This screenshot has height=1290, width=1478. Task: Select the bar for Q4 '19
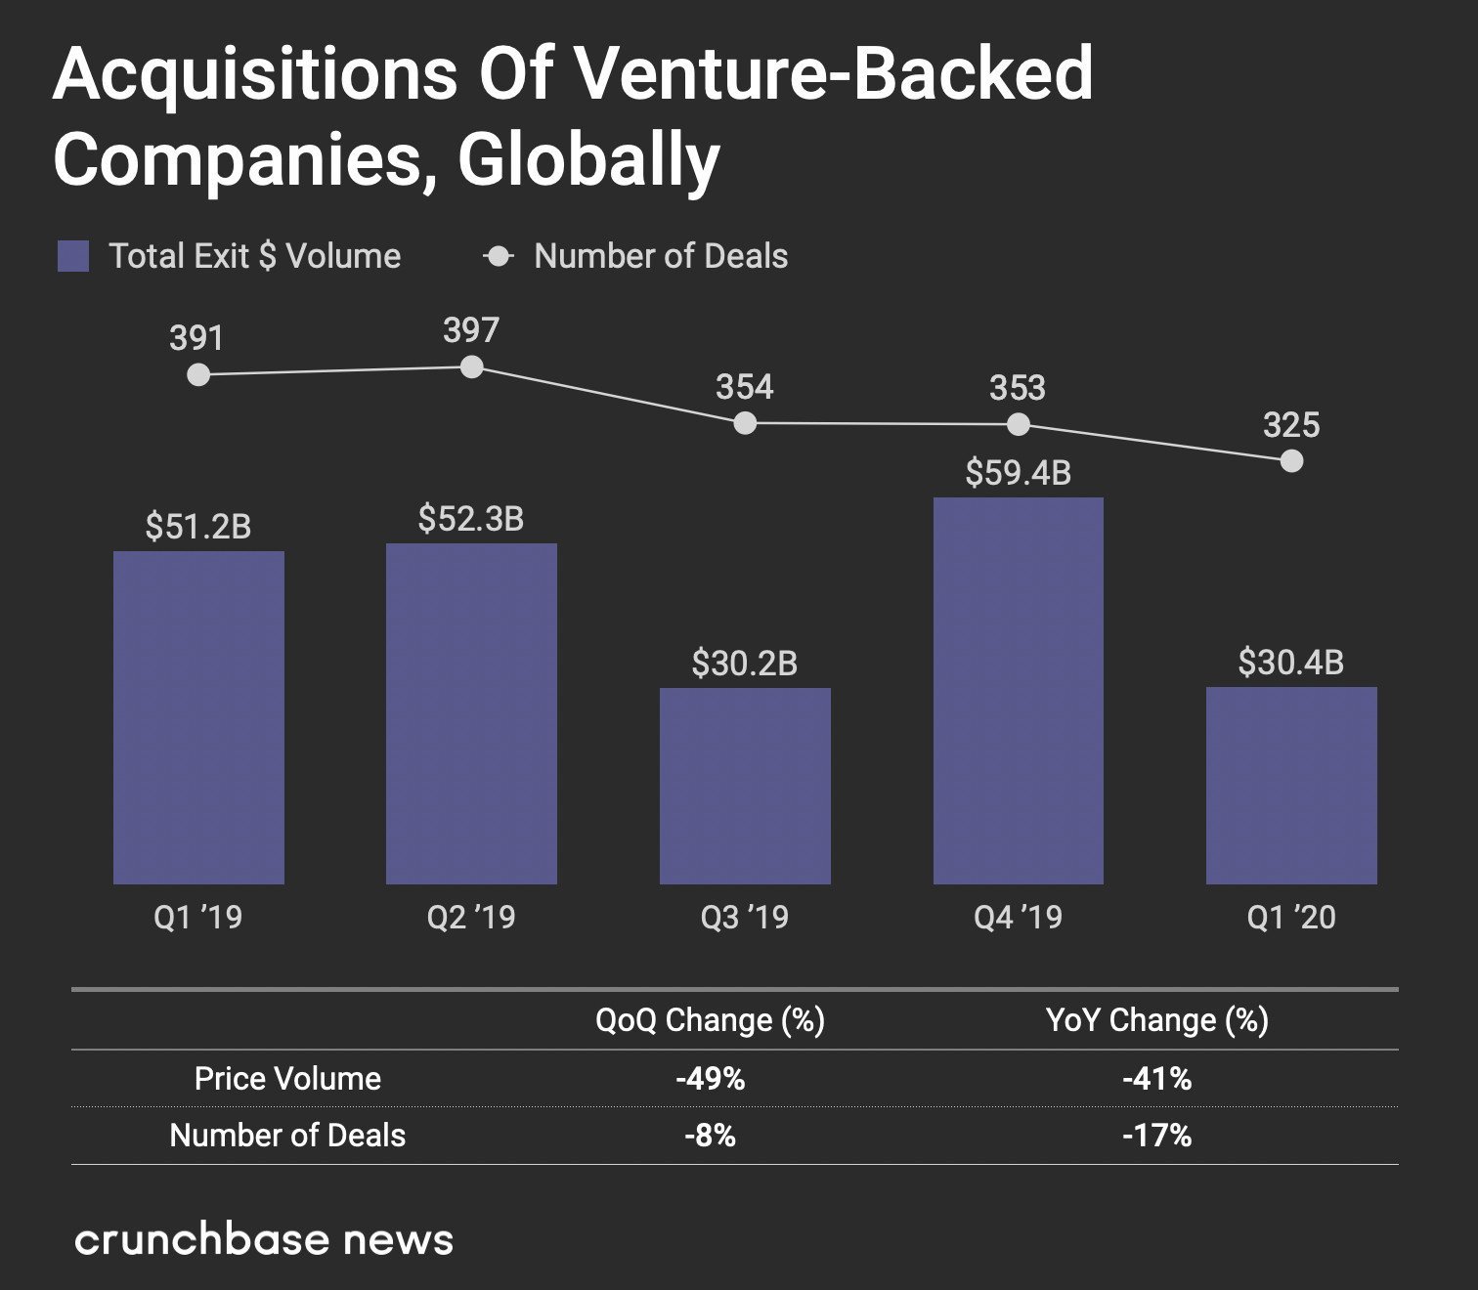pos(1018,691)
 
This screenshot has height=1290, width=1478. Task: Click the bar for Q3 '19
pos(745,786)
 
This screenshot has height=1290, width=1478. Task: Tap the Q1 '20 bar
pos(1291,786)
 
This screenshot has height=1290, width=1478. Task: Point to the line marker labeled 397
pos(471,367)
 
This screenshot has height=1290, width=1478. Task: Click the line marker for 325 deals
pos(1291,460)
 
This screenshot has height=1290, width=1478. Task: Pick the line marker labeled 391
pos(198,374)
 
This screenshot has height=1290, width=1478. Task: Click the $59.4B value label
pos(1018,473)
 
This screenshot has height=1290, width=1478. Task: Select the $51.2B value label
pos(198,527)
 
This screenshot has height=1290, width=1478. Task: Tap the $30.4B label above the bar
pos(1290,663)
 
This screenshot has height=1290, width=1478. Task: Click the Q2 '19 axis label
pos(471,918)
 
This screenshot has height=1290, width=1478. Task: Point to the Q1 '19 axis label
pos(198,918)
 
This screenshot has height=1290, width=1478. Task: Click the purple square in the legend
pos(73,256)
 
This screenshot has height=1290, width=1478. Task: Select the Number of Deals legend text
pos(661,256)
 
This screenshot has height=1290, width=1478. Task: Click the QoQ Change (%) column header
pos(710,1020)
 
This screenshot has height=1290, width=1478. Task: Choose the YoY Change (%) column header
pos(1156,1020)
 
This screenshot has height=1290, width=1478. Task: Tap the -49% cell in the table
pos(710,1079)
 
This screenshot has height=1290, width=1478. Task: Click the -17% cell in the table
pos(1156,1136)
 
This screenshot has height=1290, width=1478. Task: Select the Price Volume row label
pos(287,1079)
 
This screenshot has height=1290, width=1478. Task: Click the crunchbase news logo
pos(264,1239)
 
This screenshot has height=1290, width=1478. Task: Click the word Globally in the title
pos(588,160)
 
